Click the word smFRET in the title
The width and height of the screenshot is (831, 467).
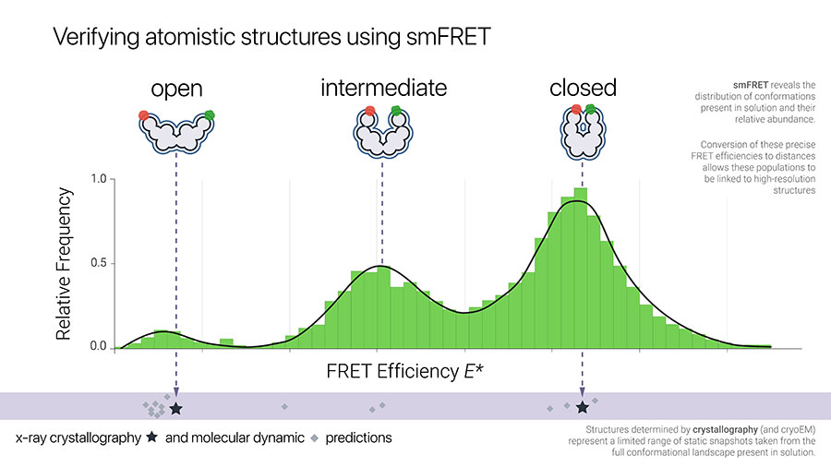449,37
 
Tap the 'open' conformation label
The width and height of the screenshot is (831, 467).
176,89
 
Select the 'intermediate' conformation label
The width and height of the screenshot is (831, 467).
384,88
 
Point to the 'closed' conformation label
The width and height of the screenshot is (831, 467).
583,88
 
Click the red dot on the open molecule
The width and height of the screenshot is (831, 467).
144,115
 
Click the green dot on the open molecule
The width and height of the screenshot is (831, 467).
210,114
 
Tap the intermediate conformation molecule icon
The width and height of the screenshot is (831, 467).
382,132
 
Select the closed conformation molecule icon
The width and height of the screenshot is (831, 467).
583,132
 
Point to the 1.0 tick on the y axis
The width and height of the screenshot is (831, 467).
99,179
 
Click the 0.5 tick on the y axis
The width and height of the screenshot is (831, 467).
99,263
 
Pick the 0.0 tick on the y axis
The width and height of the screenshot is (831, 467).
99,346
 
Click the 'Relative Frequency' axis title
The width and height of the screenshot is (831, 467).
64,264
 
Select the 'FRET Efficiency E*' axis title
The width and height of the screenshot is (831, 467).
404,371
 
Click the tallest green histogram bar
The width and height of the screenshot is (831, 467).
581,268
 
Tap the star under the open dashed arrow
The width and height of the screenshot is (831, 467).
176,409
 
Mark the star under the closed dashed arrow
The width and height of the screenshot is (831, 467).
583,407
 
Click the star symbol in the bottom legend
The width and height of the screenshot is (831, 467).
152,437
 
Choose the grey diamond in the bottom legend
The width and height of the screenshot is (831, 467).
315,438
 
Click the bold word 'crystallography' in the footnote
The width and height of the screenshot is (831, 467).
725,430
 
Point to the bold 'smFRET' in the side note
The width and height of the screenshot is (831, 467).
751,85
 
